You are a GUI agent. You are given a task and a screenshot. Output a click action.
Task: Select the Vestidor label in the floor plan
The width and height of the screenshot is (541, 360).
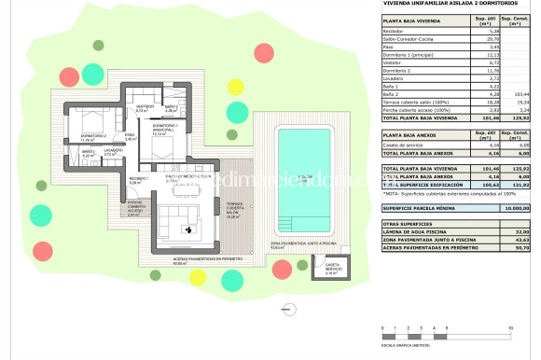click(146, 106)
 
